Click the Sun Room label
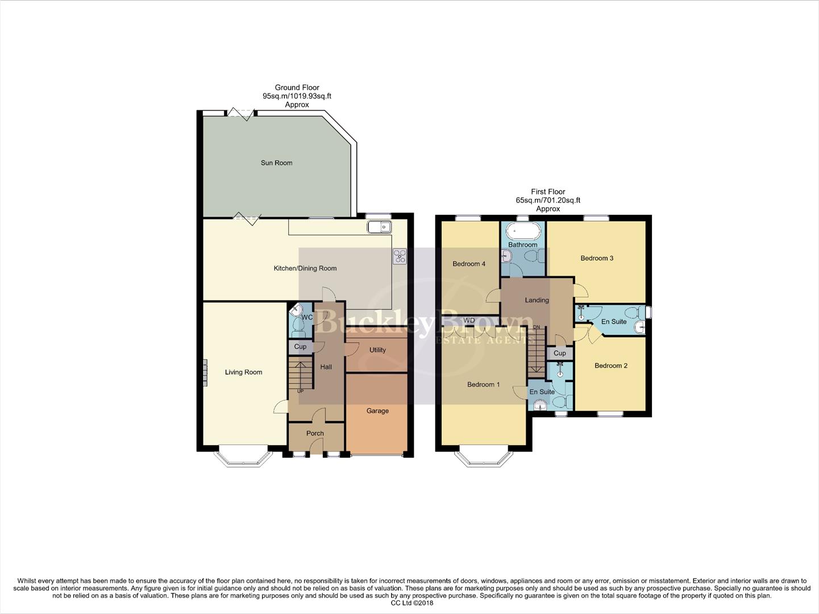[276, 163]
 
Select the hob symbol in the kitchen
[400, 256]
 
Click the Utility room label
[377, 350]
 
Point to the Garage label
[377, 410]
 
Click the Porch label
[315, 433]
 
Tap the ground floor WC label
[307, 317]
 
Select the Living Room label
[243, 372]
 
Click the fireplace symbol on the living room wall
[206, 372]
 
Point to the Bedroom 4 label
[469, 264]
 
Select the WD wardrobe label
[469, 321]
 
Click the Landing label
[537, 300]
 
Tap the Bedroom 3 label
[597, 258]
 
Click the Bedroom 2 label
[611, 366]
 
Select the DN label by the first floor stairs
[537, 327]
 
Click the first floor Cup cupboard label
[560, 353]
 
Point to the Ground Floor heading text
[297, 88]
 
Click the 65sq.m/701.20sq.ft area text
[548, 200]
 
